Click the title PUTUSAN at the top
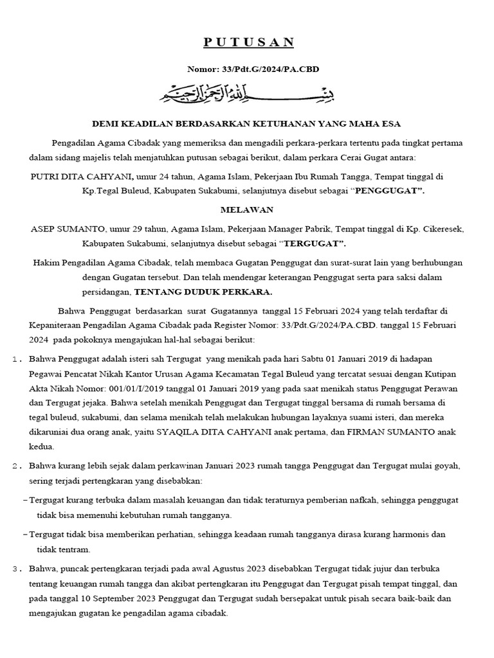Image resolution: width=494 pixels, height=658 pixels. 248,42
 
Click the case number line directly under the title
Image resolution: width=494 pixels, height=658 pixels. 248,69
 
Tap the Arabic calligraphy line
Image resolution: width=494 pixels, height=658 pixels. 248,95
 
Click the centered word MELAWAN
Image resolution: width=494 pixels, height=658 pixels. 248,209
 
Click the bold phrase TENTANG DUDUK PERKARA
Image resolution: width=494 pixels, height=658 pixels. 203,292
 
